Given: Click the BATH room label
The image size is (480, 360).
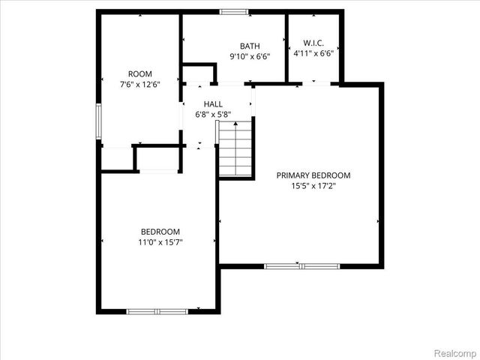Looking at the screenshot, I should (x=249, y=46).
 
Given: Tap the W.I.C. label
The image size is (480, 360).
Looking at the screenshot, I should (x=313, y=43).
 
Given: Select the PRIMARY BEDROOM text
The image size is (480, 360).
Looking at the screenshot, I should (x=313, y=175).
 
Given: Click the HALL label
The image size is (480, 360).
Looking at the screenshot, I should (x=213, y=104).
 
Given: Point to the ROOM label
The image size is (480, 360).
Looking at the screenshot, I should (x=140, y=73).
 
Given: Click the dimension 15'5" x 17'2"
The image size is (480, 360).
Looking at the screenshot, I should (x=313, y=186).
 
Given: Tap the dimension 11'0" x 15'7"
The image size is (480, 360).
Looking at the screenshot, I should (x=160, y=242).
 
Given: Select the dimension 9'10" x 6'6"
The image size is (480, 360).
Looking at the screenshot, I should (x=249, y=56).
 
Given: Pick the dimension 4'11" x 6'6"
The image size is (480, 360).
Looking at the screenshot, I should (x=313, y=53).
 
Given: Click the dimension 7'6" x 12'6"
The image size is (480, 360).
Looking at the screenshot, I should (x=140, y=84).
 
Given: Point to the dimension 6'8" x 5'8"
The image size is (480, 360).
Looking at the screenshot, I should (x=213, y=115).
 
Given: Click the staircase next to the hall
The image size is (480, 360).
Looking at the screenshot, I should (x=235, y=150).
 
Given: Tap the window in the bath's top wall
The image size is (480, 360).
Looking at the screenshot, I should (x=234, y=11).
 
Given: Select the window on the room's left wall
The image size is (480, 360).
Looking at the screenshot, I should (x=98, y=121).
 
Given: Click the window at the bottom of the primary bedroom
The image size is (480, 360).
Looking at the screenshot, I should (x=301, y=265).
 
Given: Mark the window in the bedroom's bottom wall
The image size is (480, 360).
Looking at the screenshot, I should (x=157, y=310).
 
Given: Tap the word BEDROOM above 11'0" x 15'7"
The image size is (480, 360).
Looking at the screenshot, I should (x=160, y=232).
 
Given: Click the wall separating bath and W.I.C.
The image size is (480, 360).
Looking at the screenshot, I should (x=288, y=46).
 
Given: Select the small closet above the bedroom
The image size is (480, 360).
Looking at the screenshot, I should (x=158, y=158).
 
